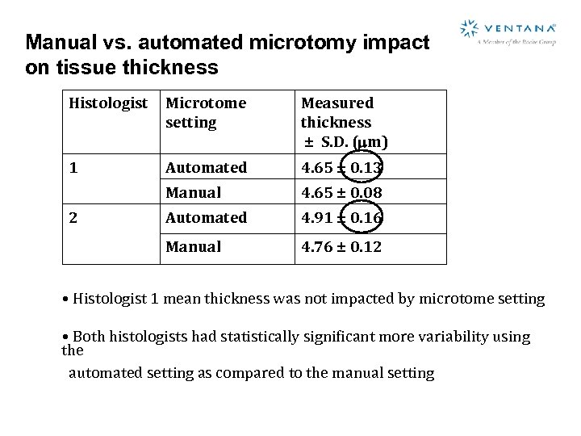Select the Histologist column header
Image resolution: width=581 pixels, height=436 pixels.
pyautogui.click(x=109, y=103)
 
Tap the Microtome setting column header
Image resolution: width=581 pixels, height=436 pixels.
pyautogui.click(x=205, y=112)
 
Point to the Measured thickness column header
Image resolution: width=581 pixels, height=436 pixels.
pyautogui.click(x=343, y=122)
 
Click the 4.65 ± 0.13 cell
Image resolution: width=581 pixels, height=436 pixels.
pyautogui.click(x=341, y=168)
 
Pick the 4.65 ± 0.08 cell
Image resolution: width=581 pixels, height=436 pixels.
pyautogui.click(x=341, y=193)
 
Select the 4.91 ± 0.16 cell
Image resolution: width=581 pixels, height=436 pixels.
pyautogui.click(x=341, y=218)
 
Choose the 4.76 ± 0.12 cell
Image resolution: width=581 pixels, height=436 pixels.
pyautogui.click(x=341, y=247)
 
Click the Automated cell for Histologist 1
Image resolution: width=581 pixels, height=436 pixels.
pyautogui.click(x=206, y=168)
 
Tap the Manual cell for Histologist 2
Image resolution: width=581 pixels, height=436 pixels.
pyautogui.click(x=193, y=247)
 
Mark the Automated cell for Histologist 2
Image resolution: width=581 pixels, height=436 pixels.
pyautogui.click(x=206, y=218)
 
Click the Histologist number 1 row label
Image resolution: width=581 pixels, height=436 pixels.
pyautogui.click(x=73, y=168)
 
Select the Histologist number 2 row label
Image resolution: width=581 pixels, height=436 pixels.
pyautogui.click(x=73, y=218)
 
